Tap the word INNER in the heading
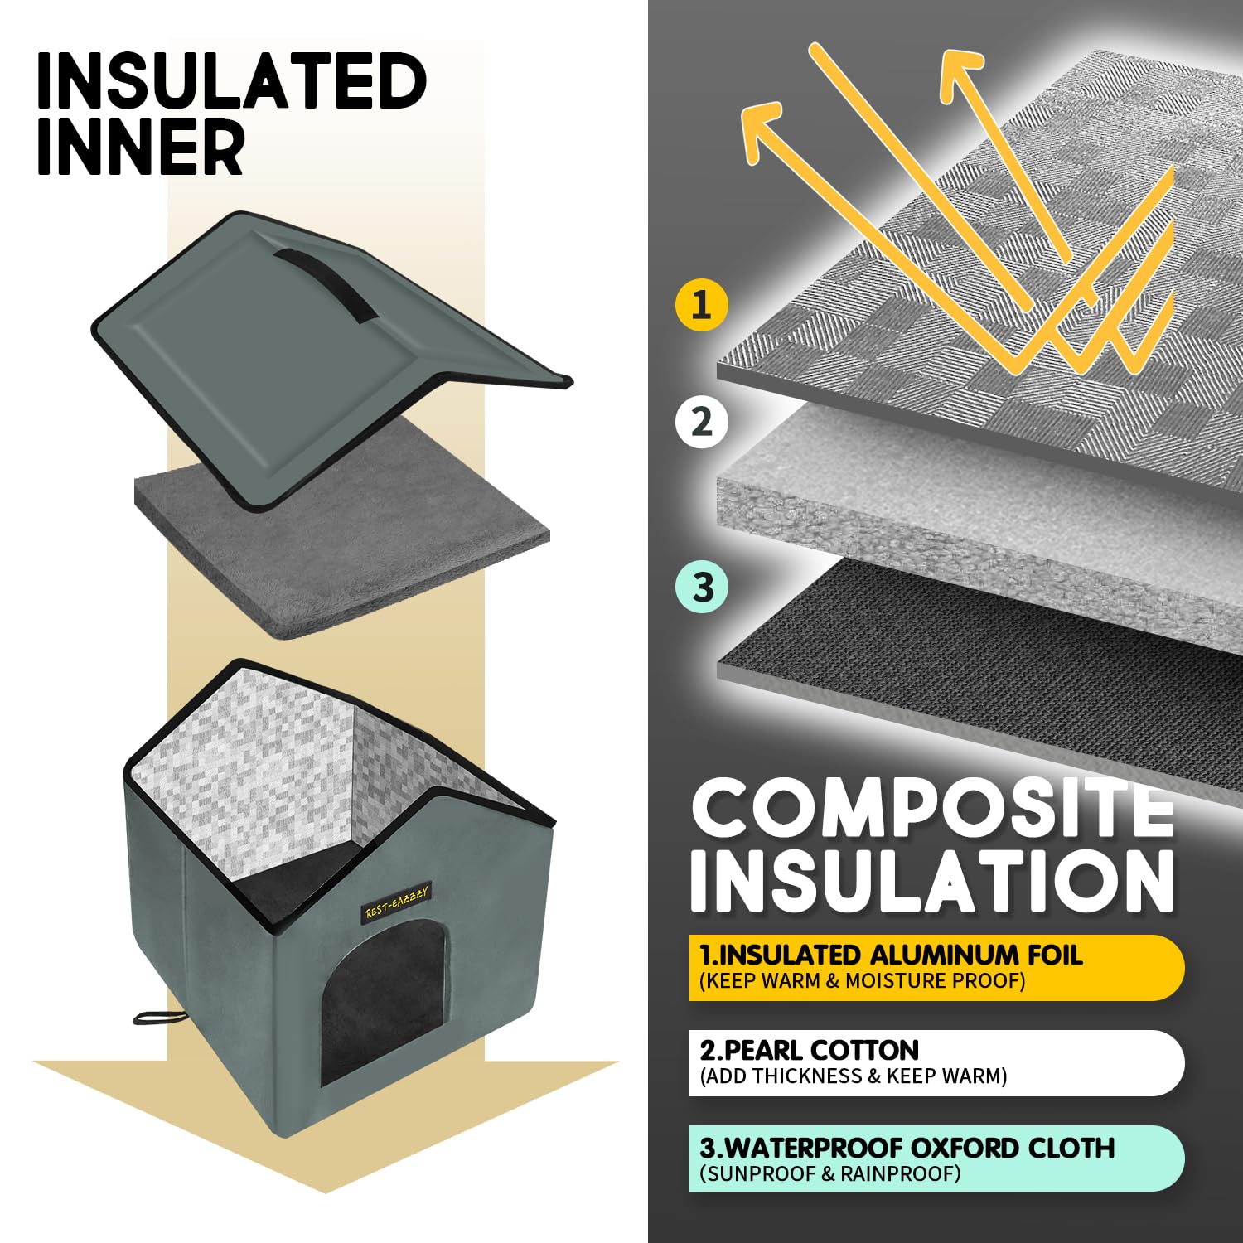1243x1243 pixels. click(140, 147)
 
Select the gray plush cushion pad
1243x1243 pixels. click(341, 530)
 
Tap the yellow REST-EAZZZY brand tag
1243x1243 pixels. click(397, 902)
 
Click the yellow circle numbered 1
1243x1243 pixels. click(702, 305)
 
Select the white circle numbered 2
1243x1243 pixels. click(702, 422)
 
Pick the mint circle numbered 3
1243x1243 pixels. click(702, 587)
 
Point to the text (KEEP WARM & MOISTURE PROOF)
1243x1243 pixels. click(863, 981)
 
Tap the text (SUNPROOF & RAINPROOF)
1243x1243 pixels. click(830, 1173)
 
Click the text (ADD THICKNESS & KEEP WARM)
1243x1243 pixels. click(854, 1076)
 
